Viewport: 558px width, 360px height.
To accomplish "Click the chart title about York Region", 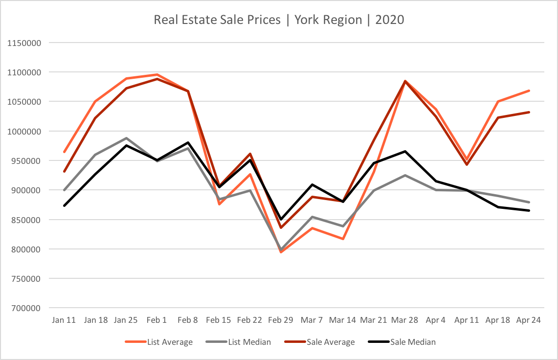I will (x=279, y=20).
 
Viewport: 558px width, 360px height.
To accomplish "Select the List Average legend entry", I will (x=169, y=342).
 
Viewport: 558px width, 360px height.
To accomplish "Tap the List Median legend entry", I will (x=249, y=342).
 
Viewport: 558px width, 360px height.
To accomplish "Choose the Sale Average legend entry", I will (x=331, y=342).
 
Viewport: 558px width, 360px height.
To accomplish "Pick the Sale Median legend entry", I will (x=413, y=342).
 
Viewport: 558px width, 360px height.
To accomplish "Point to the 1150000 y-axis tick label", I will (x=24, y=43).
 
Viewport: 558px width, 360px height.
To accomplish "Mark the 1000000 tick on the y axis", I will (x=24, y=132).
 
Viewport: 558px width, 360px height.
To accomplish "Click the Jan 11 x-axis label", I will (x=64, y=320).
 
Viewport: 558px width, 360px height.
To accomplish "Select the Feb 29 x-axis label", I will (x=281, y=320).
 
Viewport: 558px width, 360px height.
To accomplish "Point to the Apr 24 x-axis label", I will (x=529, y=320).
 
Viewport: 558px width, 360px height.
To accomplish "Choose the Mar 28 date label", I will (x=405, y=320).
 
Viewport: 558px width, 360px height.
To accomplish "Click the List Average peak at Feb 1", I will (x=157, y=74).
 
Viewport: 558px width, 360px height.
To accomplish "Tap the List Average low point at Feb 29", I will (x=281, y=252).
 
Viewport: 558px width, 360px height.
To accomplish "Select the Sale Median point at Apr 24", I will (x=529, y=210).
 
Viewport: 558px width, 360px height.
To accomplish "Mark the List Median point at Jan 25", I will (x=126, y=138).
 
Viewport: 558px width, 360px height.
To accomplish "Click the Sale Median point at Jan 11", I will (x=64, y=205).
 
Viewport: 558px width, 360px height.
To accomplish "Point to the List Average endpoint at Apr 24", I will (x=529, y=90).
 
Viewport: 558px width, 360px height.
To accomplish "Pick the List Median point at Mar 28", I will (x=405, y=175).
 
